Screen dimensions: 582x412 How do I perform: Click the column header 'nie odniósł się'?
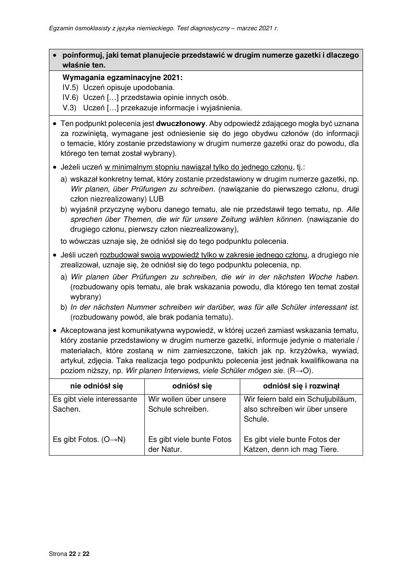click(x=97, y=386)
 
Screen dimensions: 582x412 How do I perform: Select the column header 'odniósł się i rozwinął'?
click(x=301, y=386)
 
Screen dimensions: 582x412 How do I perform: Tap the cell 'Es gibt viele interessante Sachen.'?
click(x=95, y=404)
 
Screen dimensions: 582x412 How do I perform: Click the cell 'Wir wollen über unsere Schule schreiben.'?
click(x=187, y=404)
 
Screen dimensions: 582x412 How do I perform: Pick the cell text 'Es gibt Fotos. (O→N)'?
click(x=89, y=439)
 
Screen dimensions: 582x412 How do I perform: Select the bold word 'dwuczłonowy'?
click(x=180, y=124)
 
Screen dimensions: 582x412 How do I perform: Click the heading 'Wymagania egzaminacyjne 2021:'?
click(x=122, y=78)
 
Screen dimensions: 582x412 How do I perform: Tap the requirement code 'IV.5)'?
click(x=70, y=87)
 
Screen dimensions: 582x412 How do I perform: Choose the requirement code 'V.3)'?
click(x=70, y=108)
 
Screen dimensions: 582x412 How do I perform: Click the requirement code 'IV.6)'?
click(x=70, y=98)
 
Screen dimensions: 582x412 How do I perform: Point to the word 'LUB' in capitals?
click(x=156, y=199)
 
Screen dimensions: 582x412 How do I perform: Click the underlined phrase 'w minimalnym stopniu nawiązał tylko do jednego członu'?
click(x=199, y=167)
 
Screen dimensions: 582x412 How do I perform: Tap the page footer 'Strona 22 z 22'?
click(x=69, y=553)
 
